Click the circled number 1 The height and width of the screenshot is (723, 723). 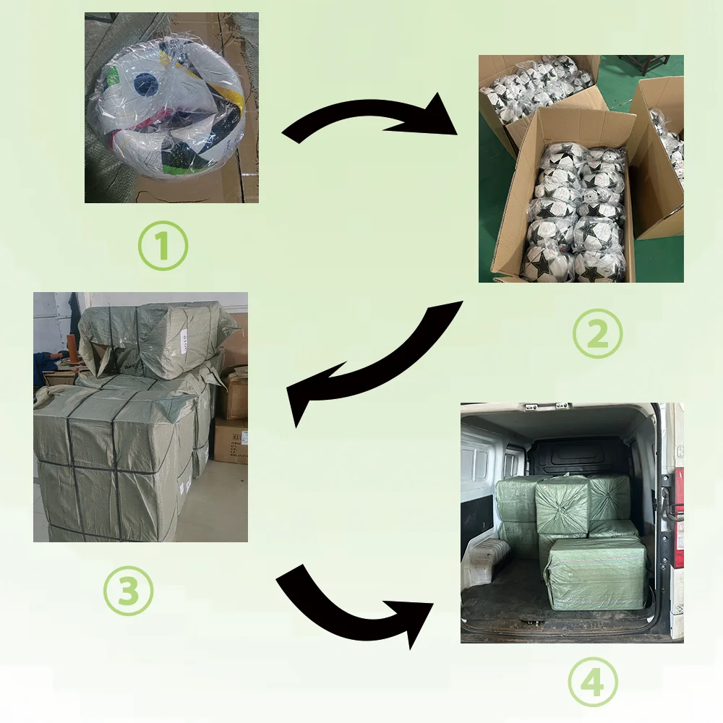click(162, 246)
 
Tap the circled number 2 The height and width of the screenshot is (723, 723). click(597, 333)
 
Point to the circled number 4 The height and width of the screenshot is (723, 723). click(593, 683)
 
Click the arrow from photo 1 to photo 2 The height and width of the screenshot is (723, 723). click(369, 120)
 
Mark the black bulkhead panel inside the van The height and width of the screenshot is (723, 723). click(578, 455)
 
